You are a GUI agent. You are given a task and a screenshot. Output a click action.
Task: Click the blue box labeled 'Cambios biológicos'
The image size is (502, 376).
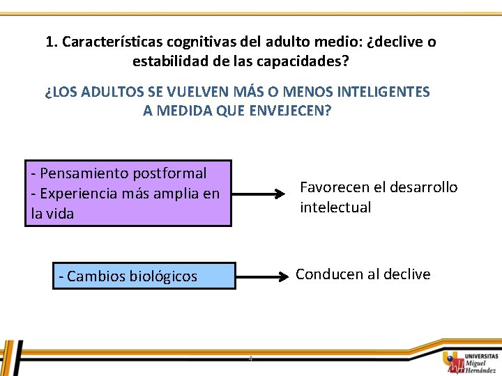tap(144, 276)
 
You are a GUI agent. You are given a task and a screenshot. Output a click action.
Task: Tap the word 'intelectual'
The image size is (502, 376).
tap(335, 207)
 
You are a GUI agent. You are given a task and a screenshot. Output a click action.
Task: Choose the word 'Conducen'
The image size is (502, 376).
tap(325, 274)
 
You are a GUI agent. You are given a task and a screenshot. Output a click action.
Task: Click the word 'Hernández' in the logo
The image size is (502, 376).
tap(480, 370)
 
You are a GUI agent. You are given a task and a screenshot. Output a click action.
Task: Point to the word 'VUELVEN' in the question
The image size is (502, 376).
tap(181, 92)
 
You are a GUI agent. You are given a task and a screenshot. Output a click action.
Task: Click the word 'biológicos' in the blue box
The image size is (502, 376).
tap(164, 276)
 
